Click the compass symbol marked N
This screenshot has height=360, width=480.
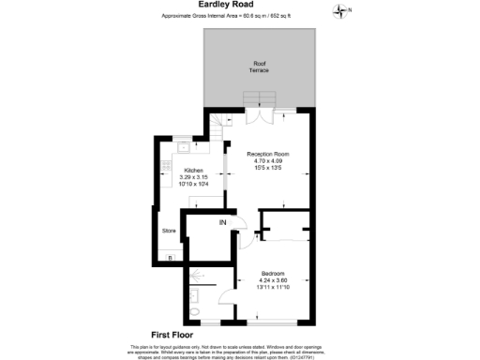coord(340,10)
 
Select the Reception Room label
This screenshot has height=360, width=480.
coord(267,153)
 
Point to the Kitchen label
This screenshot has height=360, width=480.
coord(193,170)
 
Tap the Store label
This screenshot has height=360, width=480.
coord(169,230)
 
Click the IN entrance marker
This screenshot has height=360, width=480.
coord(222,222)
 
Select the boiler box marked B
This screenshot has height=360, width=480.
coord(170,257)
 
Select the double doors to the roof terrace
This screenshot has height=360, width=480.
coord(260,116)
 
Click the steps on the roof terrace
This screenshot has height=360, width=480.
coord(257,98)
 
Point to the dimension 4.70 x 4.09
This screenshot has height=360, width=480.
coord(267,161)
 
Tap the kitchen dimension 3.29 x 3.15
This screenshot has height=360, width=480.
coord(193,177)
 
